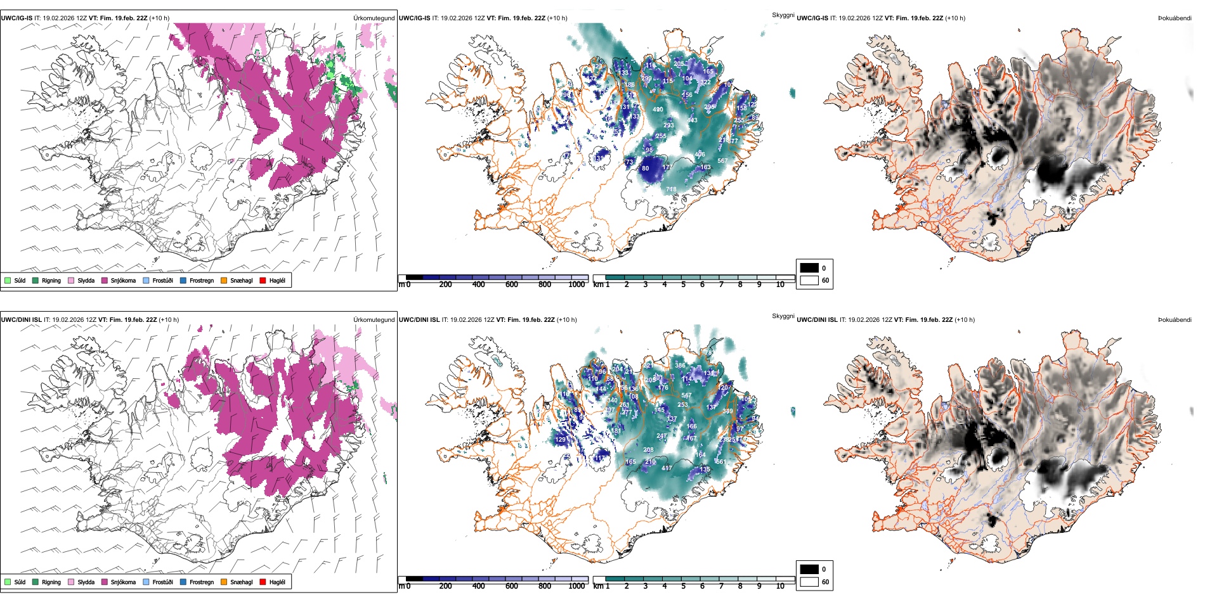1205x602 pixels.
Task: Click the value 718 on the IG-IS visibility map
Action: click(671, 189)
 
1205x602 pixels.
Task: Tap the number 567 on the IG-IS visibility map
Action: click(722, 161)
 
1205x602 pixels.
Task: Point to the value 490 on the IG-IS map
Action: click(658, 110)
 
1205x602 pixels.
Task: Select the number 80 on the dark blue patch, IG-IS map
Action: click(645, 169)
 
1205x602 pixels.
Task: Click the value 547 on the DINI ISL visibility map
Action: click(686, 395)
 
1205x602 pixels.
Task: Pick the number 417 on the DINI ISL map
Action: click(667, 468)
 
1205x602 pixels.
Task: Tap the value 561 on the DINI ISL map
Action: click(720, 462)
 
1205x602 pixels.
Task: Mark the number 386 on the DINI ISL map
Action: click(680, 366)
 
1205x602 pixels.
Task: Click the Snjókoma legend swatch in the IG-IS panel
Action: click(105, 280)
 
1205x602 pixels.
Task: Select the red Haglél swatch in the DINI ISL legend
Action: click(263, 582)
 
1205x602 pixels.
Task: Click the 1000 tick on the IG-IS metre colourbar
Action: click(576, 285)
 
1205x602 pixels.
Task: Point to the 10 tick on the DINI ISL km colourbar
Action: click(780, 586)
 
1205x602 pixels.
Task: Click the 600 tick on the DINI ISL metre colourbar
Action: click(511, 586)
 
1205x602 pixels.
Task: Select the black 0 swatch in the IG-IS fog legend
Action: click(809, 268)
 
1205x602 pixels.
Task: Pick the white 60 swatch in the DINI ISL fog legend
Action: click(809, 582)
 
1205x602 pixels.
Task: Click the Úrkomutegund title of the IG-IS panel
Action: click(374, 18)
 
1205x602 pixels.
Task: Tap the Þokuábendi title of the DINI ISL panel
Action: click(1175, 320)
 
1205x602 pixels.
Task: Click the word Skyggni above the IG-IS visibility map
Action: click(783, 15)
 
